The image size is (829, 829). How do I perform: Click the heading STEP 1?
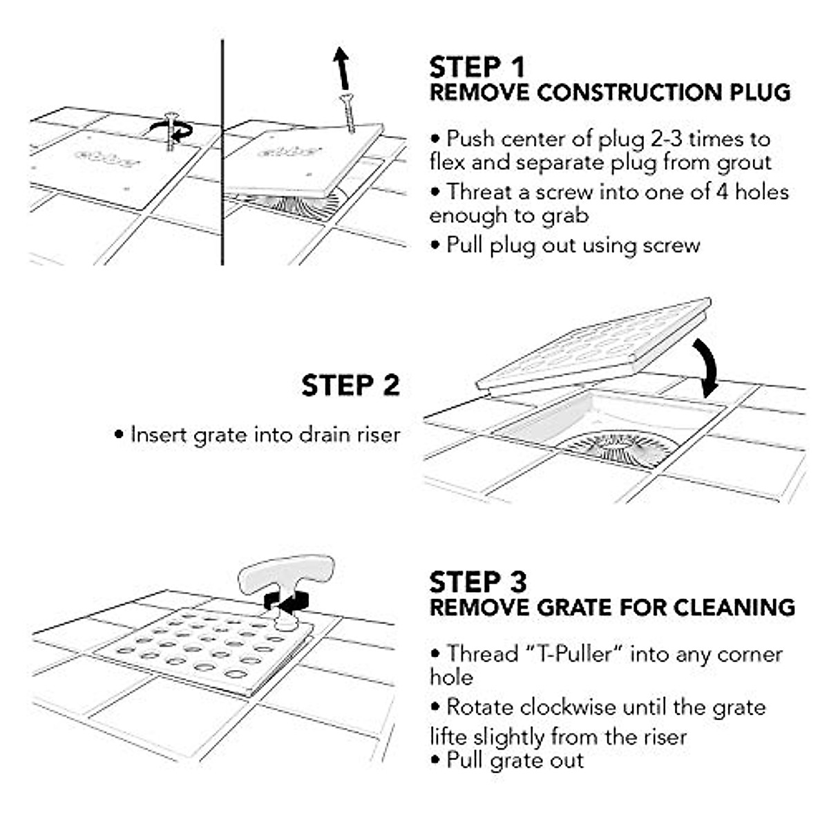[x=477, y=68]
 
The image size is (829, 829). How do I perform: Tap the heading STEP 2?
[x=350, y=385]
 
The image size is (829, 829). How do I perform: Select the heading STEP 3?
[x=477, y=582]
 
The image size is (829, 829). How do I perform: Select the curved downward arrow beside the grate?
[x=707, y=367]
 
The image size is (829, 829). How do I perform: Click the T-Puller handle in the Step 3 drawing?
[x=285, y=574]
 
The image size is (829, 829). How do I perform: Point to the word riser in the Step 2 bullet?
[x=376, y=435]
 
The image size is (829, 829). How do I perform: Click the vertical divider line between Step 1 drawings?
[x=222, y=152]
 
